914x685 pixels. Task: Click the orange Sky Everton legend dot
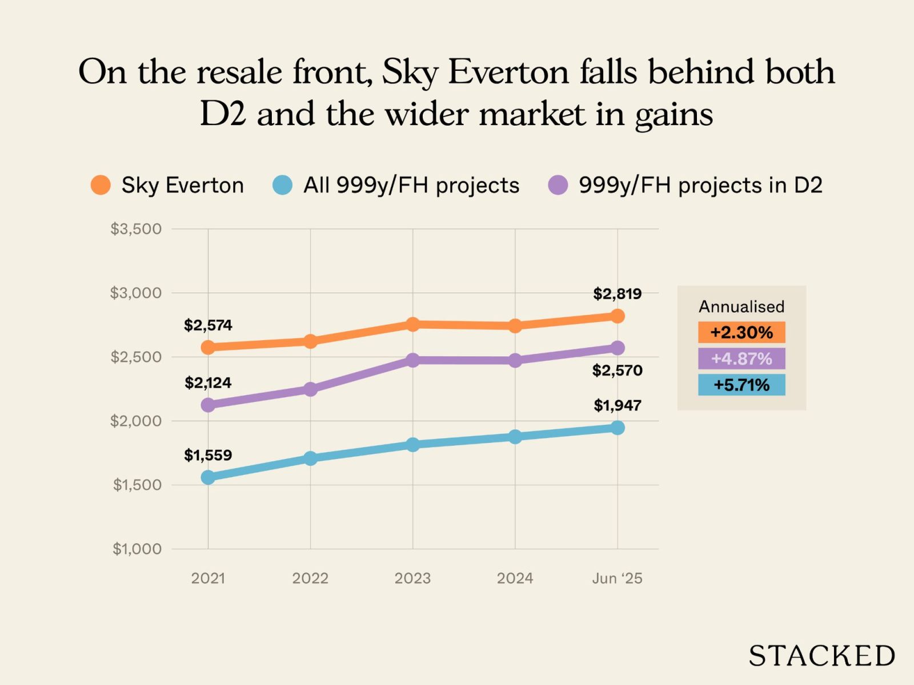click(101, 185)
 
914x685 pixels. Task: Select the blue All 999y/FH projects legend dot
click(282, 185)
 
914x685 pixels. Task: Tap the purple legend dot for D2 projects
click(558, 185)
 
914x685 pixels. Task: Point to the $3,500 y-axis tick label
click(136, 229)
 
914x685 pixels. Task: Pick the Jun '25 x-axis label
click(617, 578)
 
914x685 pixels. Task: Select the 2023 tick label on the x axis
click(412, 578)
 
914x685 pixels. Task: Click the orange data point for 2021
click(208, 347)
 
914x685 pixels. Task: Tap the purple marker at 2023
click(412, 360)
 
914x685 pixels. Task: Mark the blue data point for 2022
click(310, 458)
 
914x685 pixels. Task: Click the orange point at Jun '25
click(618, 316)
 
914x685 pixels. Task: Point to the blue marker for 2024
click(515, 437)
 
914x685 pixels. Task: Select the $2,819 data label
click(617, 294)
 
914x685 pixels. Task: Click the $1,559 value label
click(208, 455)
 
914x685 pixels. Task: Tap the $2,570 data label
click(617, 370)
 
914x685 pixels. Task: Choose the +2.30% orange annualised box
click(741, 332)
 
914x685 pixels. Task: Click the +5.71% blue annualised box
click(741, 385)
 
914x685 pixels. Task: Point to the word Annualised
click(741, 307)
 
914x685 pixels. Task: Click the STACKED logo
click(821, 656)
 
